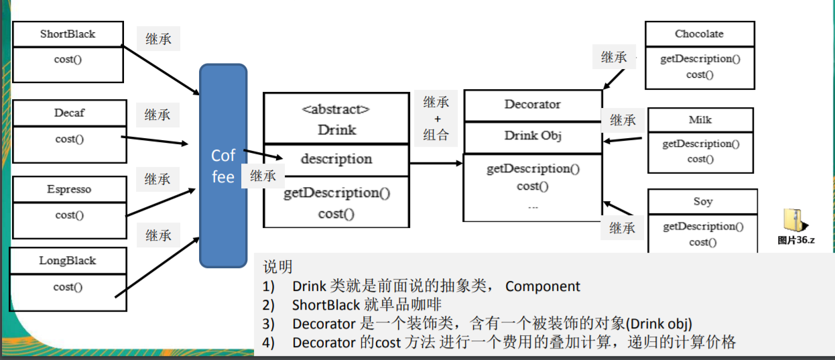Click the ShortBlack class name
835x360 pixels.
point(68,34)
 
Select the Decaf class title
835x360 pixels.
point(69,113)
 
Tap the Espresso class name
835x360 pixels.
point(69,190)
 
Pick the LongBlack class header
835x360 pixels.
point(68,261)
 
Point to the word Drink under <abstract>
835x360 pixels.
point(336,129)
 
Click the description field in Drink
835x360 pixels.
point(336,159)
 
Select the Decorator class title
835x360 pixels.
point(533,105)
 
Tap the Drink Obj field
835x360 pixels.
point(533,135)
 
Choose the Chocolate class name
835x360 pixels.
point(699,34)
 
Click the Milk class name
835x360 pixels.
point(700,120)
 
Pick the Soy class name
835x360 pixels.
point(703,202)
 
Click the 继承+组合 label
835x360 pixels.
point(436,118)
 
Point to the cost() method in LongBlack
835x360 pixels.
point(68,287)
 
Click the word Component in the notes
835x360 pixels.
point(543,286)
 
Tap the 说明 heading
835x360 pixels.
point(277,267)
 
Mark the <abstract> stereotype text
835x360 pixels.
point(336,109)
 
